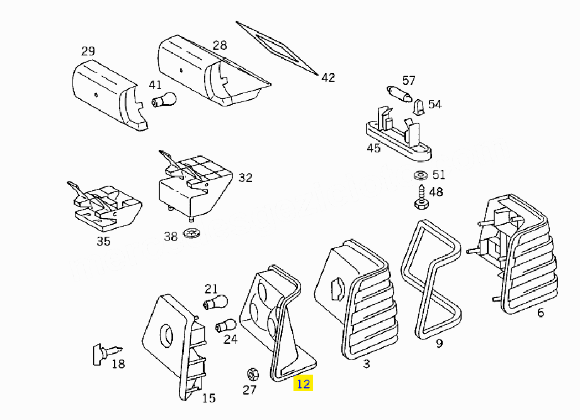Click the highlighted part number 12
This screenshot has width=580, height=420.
(x=304, y=383)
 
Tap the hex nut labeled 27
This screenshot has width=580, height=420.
(x=253, y=375)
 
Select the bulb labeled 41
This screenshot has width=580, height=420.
(x=164, y=100)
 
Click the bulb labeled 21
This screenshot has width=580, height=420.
(x=215, y=302)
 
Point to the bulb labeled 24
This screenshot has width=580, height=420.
(x=225, y=326)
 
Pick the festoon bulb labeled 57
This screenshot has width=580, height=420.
(x=399, y=94)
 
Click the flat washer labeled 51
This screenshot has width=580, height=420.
(x=421, y=175)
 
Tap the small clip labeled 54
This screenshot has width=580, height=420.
(x=418, y=107)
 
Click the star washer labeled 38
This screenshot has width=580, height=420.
(x=191, y=233)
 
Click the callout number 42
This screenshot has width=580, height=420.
(x=328, y=77)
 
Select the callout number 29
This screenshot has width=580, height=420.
(x=88, y=51)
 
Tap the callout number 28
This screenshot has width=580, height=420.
(x=220, y=45)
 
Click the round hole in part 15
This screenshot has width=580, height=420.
(x=166, y=336)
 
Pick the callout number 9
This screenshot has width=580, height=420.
(x=439, y=343)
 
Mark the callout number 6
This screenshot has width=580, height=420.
(x=540, y=313)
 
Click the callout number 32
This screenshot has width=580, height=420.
(x=245, y=178)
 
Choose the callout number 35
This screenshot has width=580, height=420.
(x=103, y=241)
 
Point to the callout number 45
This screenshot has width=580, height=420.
(x=373, y=148)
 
